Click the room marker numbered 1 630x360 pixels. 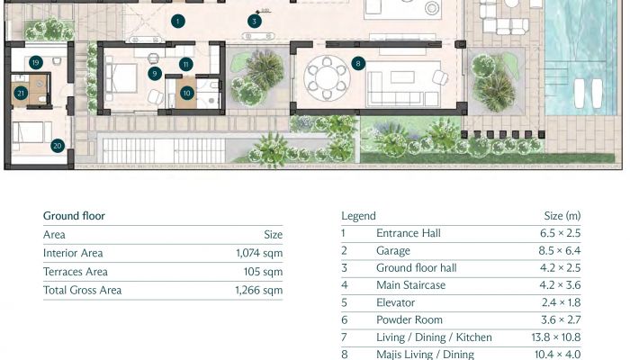(x=178, y=22)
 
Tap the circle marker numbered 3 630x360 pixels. (x=255, y=22)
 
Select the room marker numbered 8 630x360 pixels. (x=358, y=63)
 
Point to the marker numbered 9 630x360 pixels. (x=155, y=74)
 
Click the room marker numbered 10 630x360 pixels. (x=186, y=94)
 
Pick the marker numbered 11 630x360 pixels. (x=185, y=64)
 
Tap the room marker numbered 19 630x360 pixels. (x=36, y=63)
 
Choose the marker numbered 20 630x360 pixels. (x=58, y=146)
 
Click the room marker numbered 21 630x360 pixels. (x=21, y=94)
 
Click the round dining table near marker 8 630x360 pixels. (x=327, y=77)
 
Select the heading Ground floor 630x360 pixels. (x=74, y=216)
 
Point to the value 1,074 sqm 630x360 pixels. (x=259, y=253)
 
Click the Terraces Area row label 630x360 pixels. (x=76, y=272)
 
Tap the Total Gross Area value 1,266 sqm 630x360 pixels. (x=259, y=290)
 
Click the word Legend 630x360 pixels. (x=358, y=216)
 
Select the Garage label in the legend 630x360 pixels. (x=393, y=251)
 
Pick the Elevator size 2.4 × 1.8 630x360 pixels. (x=561, y=302)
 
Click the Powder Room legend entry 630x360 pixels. (x=409, y=319)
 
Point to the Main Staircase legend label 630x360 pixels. (x=410, y=285)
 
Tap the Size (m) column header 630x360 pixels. (x=562, y=216)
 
